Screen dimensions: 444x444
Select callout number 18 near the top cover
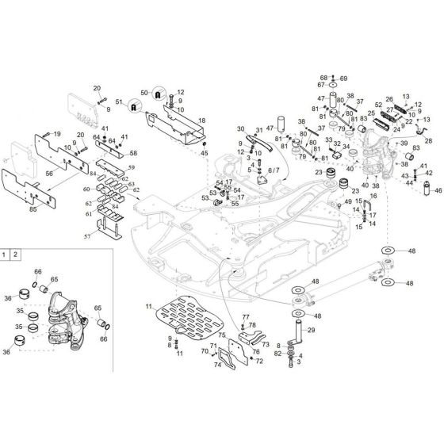pos(201,121)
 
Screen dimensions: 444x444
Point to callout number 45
pos(204,153)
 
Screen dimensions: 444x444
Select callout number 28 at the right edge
pos(429,140)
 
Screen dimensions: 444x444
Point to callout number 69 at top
pos(343,78)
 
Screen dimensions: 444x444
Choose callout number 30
pos(240,128)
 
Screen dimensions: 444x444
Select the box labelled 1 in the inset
pos(6,255)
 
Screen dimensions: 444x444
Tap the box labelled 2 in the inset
pos(18,255)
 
